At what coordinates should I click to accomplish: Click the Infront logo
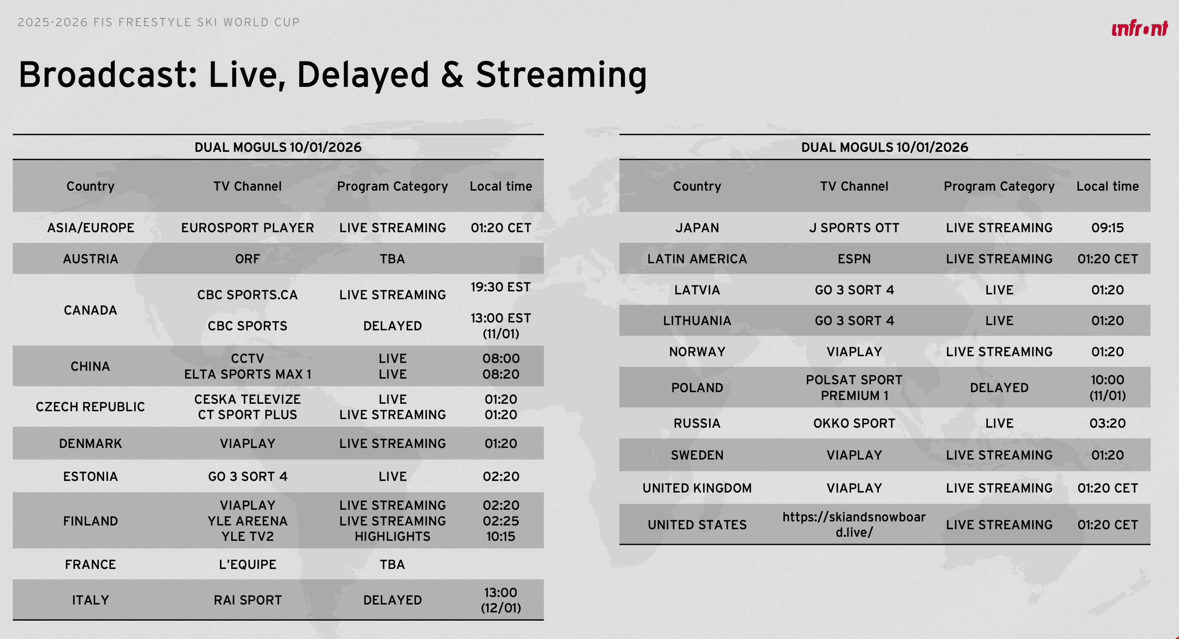[1140, 28]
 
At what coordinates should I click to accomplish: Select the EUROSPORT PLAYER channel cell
[248, 228]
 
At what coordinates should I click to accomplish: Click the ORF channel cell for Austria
[248, 259]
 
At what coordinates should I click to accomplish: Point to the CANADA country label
[90, 310]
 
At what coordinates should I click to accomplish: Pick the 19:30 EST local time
[501, 287]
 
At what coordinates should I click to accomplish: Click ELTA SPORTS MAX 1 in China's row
[248, 374]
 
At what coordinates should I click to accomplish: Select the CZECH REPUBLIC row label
[90, 407]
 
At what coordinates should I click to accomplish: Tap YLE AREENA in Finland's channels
[248, 521]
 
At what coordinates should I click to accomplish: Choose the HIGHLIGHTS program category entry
[393, 537]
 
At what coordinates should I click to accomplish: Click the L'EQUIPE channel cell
[248, 565]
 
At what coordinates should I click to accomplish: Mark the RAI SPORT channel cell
[248, 600]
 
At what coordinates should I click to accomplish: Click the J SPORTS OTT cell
[854, 228]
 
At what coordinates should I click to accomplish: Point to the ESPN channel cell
[854, 259]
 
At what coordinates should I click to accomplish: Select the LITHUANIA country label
[697, 321]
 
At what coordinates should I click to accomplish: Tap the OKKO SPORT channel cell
[854, 423]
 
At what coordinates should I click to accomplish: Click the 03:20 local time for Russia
[1108, 423]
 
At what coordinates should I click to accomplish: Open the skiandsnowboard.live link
[854, 524]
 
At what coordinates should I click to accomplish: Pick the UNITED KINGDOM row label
[697, 488]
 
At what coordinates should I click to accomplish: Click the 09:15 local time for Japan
[1108, 228]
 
